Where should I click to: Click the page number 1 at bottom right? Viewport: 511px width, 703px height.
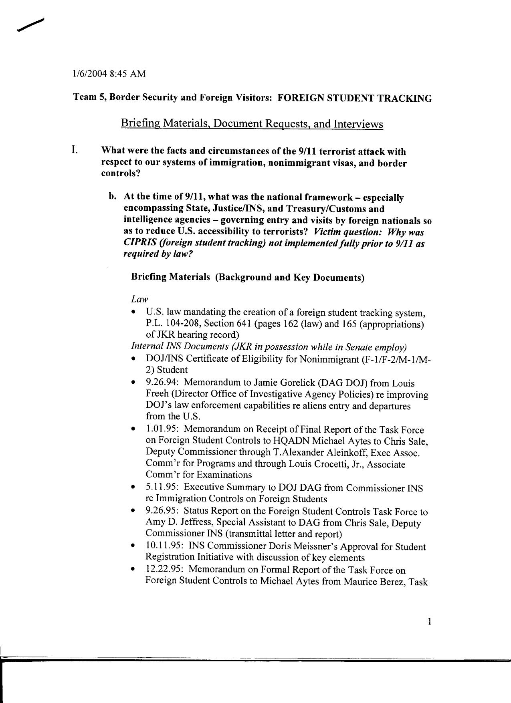[x=429, y=622]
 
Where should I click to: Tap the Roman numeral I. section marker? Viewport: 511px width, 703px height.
[x=75, y=150]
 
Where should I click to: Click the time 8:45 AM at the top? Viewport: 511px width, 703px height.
[x=127, y=74]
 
